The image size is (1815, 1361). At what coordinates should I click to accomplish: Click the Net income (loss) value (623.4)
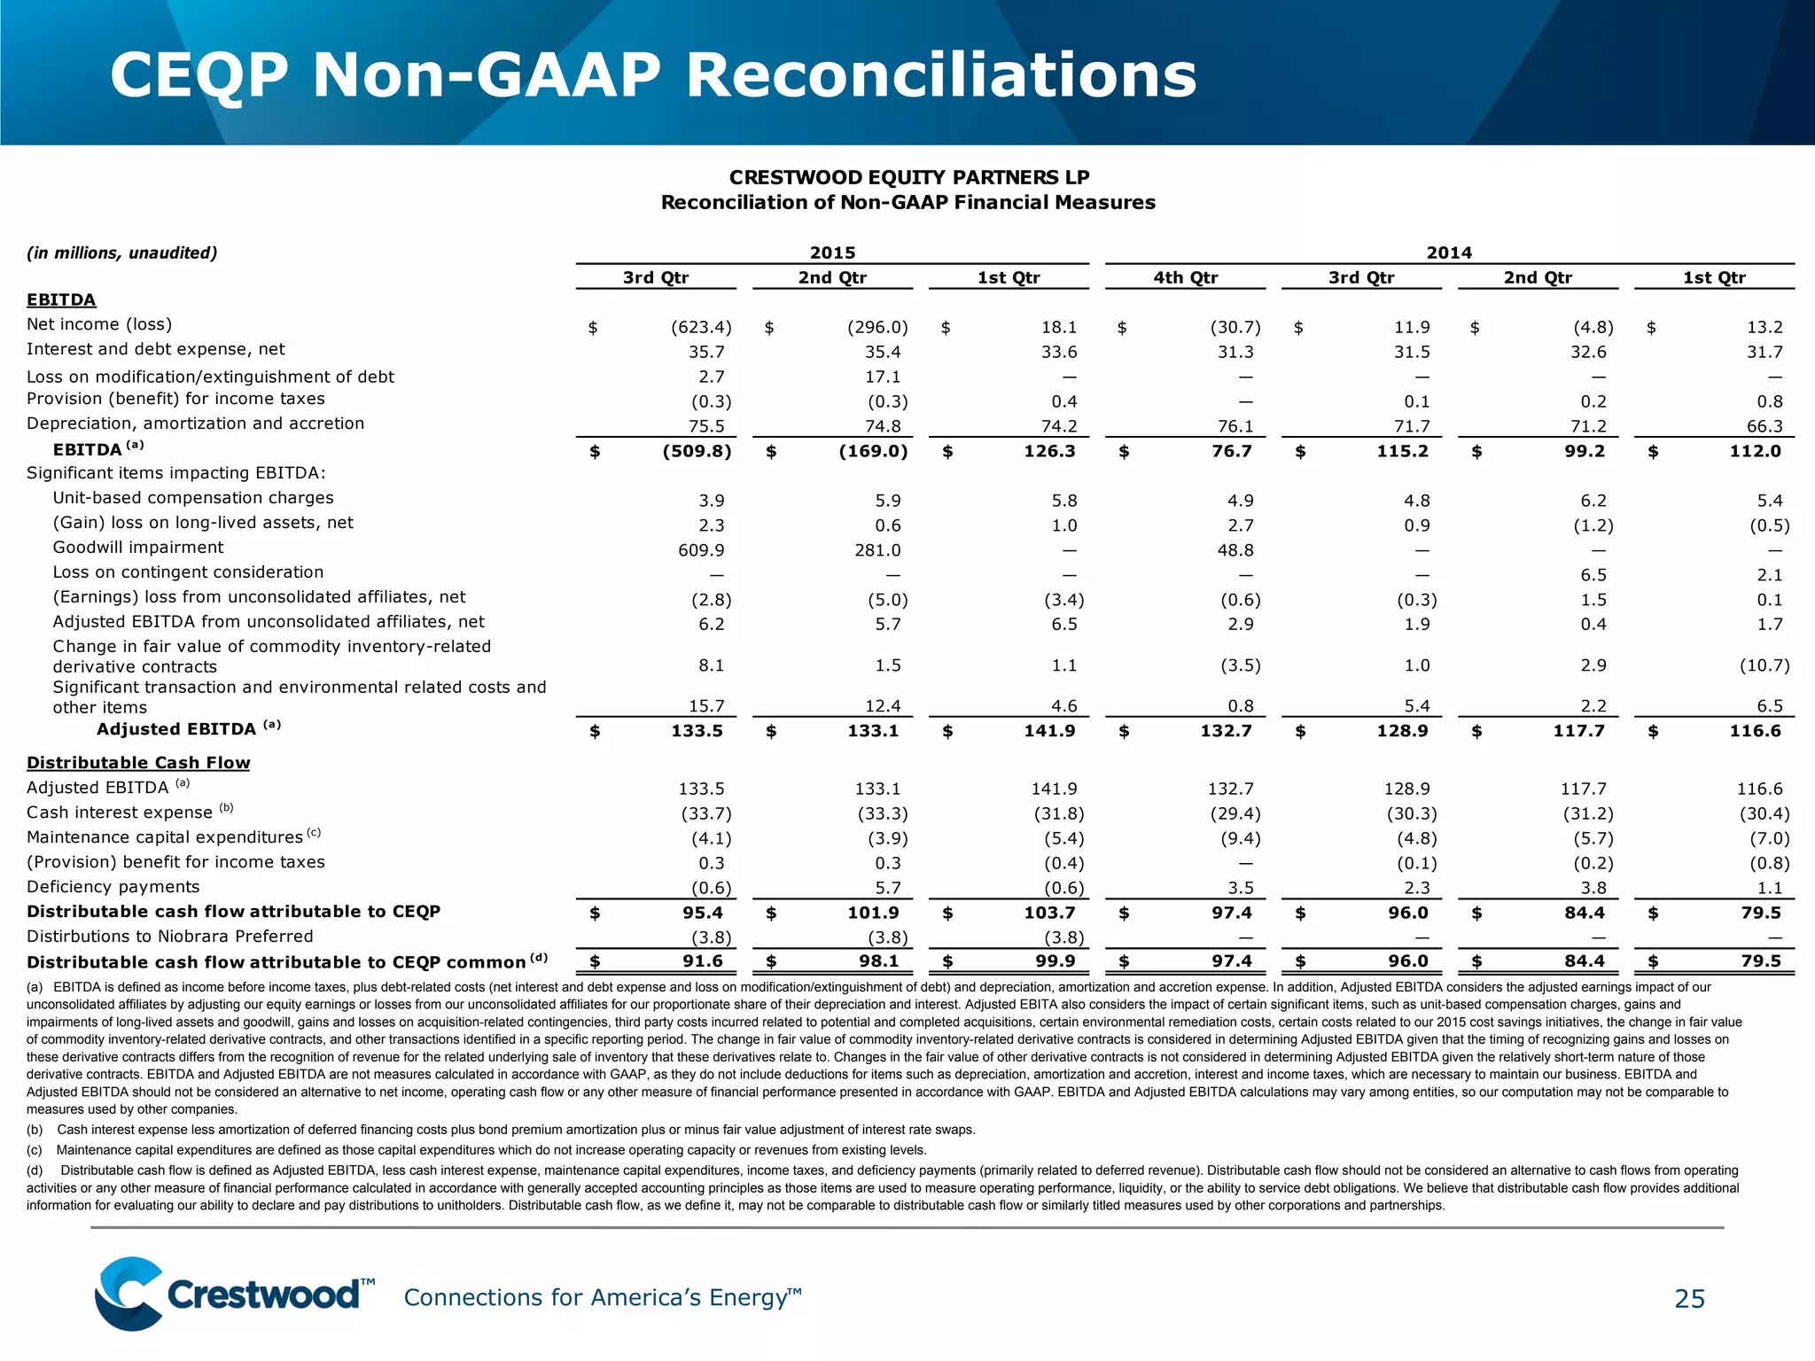pos(701,328)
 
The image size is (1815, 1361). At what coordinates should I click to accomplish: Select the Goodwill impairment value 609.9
pos(701,550)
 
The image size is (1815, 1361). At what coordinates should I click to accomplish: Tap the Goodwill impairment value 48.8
pos(1235,550)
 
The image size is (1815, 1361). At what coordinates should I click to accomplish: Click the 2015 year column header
pos(832,253)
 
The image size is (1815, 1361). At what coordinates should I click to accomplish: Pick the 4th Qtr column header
pos(1185,277)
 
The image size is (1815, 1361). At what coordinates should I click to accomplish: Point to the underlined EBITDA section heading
pos(61,299)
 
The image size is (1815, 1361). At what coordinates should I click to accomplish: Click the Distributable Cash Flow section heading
pos(138,763)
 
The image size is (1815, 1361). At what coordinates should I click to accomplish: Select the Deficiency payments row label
pos(113,887)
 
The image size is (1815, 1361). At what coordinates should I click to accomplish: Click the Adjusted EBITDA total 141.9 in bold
pos(1049,731)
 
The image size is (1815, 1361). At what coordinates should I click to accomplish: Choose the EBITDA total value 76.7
pos(1232,451)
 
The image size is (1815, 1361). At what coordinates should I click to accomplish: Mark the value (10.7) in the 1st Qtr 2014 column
pos(1764,665)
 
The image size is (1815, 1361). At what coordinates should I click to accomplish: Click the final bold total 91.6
pos(703,961)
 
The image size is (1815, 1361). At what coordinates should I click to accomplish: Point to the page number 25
pos(1689,1299)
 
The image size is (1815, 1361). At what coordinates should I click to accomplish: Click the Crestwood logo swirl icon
pos(129,1293)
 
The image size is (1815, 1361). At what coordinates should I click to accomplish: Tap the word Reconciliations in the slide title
pos(941,75)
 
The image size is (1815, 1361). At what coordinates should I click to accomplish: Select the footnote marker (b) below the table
pos(35,1130)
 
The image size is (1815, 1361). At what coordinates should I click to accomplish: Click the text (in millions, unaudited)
pos(121,253)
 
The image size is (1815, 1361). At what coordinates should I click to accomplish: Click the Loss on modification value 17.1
pos(883,377)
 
